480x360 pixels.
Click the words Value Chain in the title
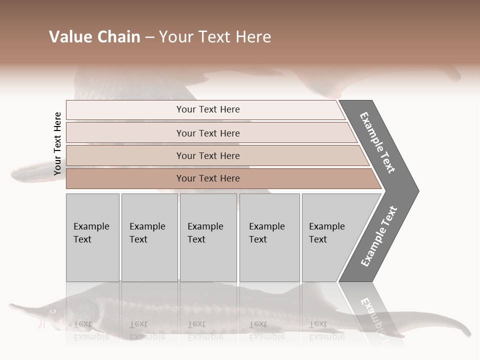(x=94, y=37)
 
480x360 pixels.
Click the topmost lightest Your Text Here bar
(x=207, y=109)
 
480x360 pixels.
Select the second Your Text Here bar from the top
(x=207, y=133)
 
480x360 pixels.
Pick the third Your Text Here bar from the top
(x=207, y=155)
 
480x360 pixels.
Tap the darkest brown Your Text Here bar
(x=207, y=178)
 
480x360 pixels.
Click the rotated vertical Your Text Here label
(x=57, y=143)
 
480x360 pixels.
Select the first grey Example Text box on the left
(x=92, y=237)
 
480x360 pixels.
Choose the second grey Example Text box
(x=149, y=237)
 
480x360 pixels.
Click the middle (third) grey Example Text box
(x=208, y=237)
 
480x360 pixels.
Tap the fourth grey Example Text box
(x=269, y=237)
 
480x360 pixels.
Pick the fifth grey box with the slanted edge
(x=330, y=237)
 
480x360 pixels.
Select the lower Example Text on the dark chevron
(x=379, y=236)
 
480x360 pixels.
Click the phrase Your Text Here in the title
(x=215, y=37)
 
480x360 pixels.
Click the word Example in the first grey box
(x=91, y=226)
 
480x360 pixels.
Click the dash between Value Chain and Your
(x=149, y=37)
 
